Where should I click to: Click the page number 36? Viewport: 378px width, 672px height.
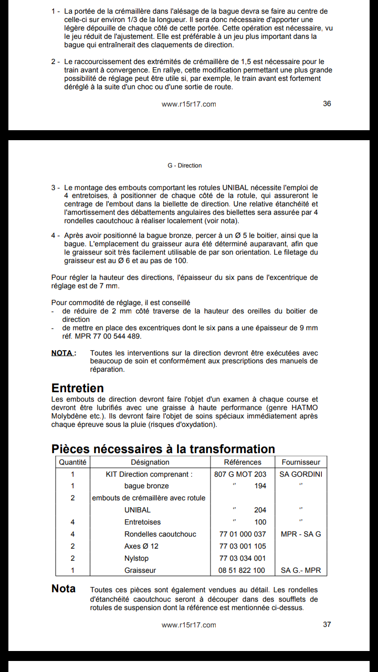click(327, 103)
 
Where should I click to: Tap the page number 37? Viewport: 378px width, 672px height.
click(327, 624)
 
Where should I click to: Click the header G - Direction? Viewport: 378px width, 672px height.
click(185, 165)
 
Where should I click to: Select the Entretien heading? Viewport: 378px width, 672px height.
click(78, 388)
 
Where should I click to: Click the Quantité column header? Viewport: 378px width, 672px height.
click(73, 462)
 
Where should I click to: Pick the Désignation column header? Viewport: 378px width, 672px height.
click(150, 462)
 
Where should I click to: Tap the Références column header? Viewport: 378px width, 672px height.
click(243, 462)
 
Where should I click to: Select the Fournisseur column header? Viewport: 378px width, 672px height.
click(301, 462)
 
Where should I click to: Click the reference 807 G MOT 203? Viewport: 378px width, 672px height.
click(240, 474)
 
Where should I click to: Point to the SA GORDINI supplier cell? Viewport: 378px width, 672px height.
click(301, 474)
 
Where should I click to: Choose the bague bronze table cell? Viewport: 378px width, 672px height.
click(146, 486)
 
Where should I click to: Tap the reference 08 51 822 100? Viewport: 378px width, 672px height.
click(242, 570)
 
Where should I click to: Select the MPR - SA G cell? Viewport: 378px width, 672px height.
click(301, 534)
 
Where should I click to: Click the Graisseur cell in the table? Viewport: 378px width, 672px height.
click(140, 570)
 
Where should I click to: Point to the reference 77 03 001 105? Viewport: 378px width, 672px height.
click(242, 546)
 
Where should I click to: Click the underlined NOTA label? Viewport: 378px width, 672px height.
click(63, 353)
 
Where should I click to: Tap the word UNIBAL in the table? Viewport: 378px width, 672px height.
click(138, 510)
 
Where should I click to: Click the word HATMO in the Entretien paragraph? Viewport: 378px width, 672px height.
click(304, 408)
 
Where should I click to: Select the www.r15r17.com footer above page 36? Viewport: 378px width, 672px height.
click(189, 104)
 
